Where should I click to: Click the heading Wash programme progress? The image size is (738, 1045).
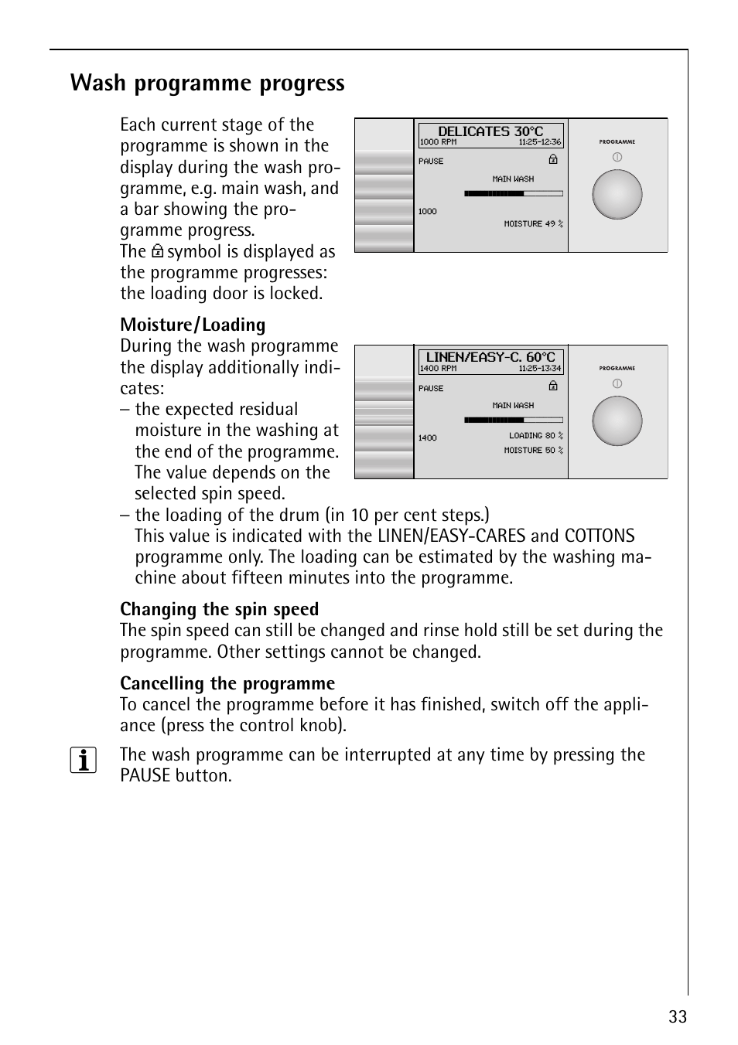[207, 83]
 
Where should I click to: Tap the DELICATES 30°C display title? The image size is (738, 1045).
[490, 131]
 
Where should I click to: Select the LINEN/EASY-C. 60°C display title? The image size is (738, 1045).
[490, 357]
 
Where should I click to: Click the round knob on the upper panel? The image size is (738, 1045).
[617, 195]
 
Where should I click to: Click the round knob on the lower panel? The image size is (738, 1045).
[617, 421]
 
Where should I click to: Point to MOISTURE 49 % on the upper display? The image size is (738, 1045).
[533, 224]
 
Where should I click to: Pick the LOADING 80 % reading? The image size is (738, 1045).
[535, 436]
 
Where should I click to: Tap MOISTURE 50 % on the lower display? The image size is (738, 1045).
[533, 451]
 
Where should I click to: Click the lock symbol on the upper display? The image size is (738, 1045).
[553, 159]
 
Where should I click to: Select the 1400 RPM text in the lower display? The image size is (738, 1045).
[438, 369]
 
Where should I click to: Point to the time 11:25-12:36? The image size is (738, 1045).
[539, 142]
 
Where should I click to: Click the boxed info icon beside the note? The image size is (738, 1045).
[84, 761]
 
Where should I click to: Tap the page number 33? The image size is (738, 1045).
[678, 1017]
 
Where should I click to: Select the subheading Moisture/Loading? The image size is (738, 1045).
[193, 325]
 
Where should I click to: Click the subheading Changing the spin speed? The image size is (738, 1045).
[219, 609]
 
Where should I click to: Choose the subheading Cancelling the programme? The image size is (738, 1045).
[227, 683]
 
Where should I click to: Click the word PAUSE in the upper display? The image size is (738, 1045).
[431, 162]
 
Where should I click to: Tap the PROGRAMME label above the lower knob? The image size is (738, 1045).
[617, 369]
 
